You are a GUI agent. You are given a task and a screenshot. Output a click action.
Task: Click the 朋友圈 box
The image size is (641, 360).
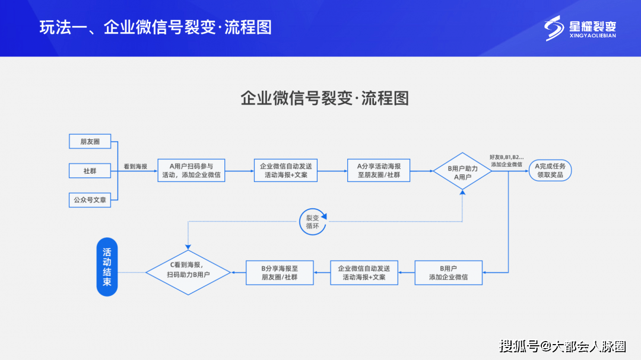(90, 142)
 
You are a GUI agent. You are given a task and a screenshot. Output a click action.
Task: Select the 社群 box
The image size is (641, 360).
(90, 171)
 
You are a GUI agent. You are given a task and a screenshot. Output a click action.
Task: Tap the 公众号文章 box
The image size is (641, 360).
(90, 200)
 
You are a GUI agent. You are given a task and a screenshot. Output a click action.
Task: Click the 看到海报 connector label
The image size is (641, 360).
(135, 167)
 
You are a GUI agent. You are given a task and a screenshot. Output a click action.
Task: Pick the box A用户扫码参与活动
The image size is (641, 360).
(191, 171)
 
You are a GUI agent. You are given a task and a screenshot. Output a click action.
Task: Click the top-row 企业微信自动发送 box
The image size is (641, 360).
(285, 171)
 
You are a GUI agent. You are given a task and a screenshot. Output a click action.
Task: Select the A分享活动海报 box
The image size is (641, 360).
(379, 171)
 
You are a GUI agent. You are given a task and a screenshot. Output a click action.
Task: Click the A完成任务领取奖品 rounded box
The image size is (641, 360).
(550, 171)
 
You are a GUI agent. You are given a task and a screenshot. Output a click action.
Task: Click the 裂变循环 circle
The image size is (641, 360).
(312, 222)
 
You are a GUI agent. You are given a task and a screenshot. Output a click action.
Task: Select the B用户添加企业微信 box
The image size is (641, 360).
(448, 273)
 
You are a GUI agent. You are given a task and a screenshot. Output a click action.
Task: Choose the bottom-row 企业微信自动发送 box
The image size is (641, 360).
(364, 273)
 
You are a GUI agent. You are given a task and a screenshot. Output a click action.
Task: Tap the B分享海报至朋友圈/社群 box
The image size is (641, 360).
(280, 273)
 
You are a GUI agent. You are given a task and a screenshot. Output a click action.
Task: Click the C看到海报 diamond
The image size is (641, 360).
(188, 273)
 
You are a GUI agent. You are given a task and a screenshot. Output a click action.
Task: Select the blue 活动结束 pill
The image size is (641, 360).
(107, 267)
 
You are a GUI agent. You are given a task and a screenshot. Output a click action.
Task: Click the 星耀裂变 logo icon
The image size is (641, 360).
(554, 28)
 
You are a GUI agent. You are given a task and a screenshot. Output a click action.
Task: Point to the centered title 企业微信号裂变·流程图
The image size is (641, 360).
(325, 98)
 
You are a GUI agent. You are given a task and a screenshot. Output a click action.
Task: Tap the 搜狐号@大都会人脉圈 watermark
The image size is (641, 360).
(562, 346)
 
